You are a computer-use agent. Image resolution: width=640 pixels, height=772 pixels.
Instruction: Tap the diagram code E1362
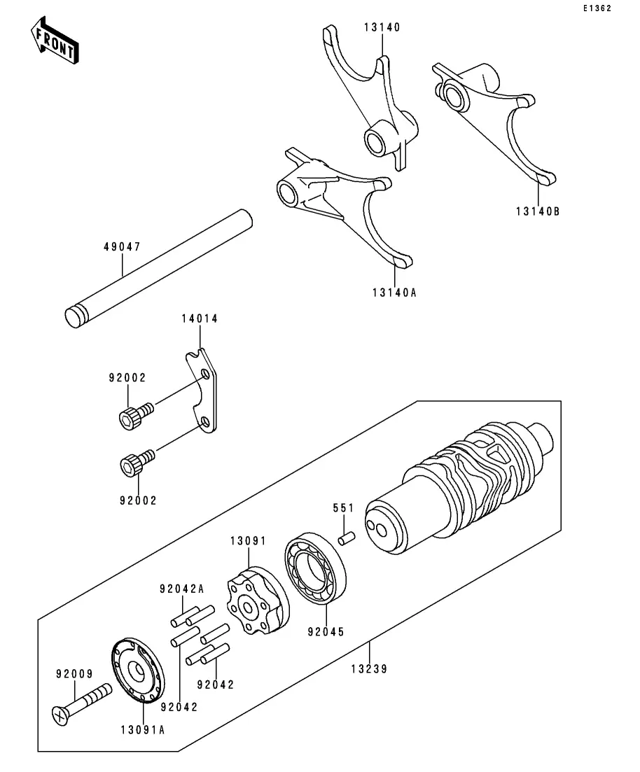597,8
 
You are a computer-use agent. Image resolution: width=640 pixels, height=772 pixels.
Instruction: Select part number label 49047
122,246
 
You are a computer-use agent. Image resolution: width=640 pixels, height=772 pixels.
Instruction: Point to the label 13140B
538,211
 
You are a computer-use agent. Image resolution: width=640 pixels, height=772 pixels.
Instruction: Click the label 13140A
394,293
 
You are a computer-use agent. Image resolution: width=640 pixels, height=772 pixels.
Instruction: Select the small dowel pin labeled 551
347,538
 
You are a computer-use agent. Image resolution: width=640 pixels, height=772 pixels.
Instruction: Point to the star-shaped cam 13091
258,600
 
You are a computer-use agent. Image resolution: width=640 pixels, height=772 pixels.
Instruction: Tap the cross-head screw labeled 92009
81,703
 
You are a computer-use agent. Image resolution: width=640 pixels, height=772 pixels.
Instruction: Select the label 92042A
182,589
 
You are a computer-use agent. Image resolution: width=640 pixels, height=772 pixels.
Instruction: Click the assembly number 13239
370,668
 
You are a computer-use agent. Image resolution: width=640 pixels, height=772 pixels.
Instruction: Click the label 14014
200,318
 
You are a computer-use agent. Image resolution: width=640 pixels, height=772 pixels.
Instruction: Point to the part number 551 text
343,507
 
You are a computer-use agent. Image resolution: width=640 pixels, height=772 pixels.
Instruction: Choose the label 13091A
143,730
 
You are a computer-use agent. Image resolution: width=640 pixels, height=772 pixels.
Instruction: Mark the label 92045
326,632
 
